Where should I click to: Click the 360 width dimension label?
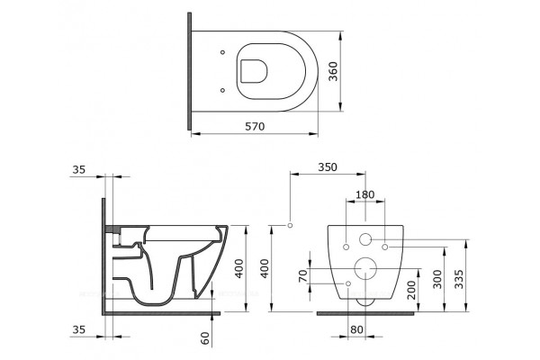coord(333,71)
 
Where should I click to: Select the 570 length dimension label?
coord(255,126)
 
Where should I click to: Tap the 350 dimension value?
coord(328,167)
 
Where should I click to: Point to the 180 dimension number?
coord(364,194)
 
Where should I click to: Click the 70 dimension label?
coord(302,276)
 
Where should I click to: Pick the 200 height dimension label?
coord(411,290)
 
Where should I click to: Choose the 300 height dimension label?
coord(436,280)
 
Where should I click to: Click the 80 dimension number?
coord(356,329)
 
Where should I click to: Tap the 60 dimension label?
coord(205,338)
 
